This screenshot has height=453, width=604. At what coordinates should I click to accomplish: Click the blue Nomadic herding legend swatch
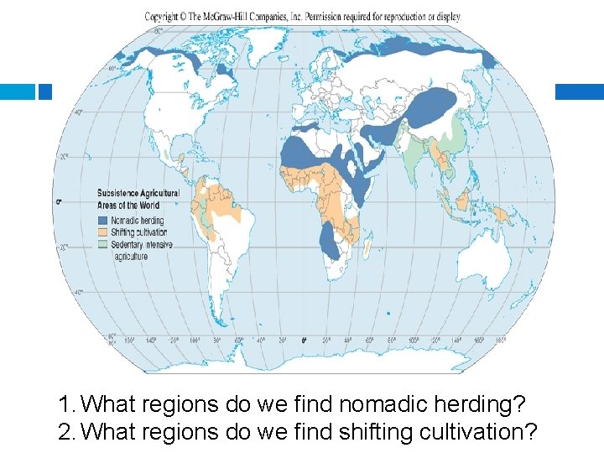(103, 220)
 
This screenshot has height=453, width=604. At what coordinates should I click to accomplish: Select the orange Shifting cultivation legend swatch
(103, 232)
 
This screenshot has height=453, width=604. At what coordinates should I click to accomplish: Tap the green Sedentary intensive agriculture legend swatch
(103, 244)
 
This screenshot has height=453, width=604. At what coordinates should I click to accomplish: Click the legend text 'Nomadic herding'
(139, 220)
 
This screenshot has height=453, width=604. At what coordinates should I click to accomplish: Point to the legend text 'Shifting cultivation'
(139, 232)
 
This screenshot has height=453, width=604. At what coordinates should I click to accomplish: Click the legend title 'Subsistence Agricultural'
(138, 194)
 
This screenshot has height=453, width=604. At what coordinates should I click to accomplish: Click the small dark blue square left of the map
(45, 91)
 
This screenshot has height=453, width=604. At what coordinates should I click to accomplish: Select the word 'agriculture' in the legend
(131, 257)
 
